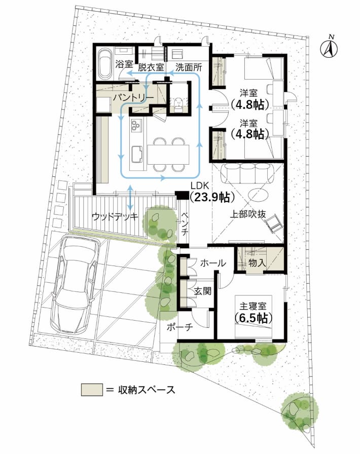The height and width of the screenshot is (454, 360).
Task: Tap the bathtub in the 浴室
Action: click(105, 63)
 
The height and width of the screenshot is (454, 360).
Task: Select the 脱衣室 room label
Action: click(151, 67)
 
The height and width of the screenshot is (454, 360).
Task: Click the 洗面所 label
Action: click(189, 67)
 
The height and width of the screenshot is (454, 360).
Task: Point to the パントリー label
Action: click(133, 98)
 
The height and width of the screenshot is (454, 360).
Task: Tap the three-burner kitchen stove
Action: click(136, 125)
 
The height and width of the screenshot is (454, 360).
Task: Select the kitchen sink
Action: click(137, 155)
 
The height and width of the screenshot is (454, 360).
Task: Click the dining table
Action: click(168, 154)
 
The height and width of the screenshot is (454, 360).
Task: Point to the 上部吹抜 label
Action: click(248, 214)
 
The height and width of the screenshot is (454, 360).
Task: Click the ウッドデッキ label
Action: click(115, 217)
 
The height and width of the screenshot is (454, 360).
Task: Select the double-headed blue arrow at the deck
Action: click(130, 198)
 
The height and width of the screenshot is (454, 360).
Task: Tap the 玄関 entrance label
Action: click(203, 291)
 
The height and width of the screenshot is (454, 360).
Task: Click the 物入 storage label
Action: click(257, 263)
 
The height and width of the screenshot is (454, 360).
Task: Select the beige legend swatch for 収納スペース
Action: click(92, 390)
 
